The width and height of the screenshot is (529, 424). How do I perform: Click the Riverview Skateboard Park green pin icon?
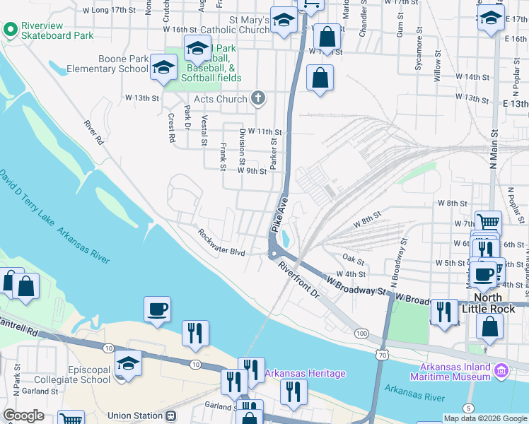pos(10,29)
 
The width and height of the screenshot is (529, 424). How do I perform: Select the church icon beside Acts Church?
pos(258,98)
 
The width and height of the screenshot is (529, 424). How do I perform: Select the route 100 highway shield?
pos(362,333)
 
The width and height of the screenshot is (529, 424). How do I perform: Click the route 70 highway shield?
pos(382,354)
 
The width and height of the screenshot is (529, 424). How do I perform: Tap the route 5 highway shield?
pos(468,408)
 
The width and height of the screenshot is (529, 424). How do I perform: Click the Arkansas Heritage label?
pos(305,373)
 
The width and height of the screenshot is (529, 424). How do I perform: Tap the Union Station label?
pos(134,416)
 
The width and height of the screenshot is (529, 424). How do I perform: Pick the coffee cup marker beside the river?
pos(156,308)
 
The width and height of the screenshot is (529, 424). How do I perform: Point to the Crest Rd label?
pos(171,128)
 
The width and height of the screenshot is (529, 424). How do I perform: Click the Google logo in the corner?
pos(24,416)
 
